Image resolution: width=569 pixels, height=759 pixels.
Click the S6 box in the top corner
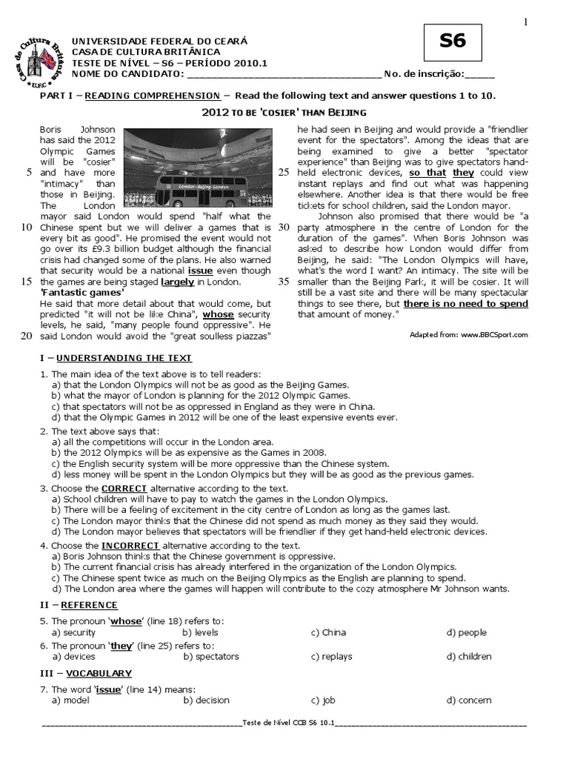[x=453, y=42]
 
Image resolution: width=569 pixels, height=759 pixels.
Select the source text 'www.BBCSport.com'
[x=494, y=334]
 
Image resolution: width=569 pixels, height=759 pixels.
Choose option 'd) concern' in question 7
[x=468, y=700]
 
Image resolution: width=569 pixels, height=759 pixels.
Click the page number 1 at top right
[x=526, y=22]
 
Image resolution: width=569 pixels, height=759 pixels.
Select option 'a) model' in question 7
[x=70, y=700]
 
